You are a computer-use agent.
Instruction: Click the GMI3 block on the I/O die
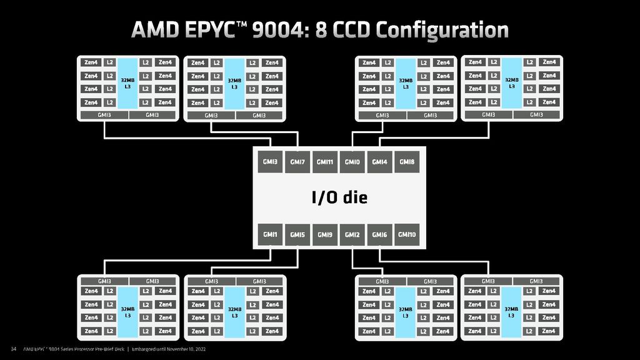tap(270, 162)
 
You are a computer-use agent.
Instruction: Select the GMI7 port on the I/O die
tap(297, 162)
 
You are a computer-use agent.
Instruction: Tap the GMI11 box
tap(325, 162)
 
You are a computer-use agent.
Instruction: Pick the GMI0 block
tap(352, 162)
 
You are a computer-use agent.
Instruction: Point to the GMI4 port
tap(379, 162)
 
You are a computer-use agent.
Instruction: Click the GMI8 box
tap(407, 162)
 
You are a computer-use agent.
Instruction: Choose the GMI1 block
tap(270, 234)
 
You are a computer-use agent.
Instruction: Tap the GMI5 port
tap(297, 234)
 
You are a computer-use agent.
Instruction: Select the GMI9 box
tap(325, 234)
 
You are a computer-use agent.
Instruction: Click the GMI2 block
tap(352, 234)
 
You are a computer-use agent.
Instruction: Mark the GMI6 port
tap(379, 234)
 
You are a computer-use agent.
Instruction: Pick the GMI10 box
tap(407, 234)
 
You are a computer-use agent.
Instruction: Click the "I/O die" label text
tap(339, 198)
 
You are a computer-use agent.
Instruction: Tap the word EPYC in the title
tap(207, 30)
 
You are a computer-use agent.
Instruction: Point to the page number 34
tap(12, 349)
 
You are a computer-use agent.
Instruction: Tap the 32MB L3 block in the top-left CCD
tap(127, 82)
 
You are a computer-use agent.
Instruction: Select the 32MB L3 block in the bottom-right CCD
tap(511, 311)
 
